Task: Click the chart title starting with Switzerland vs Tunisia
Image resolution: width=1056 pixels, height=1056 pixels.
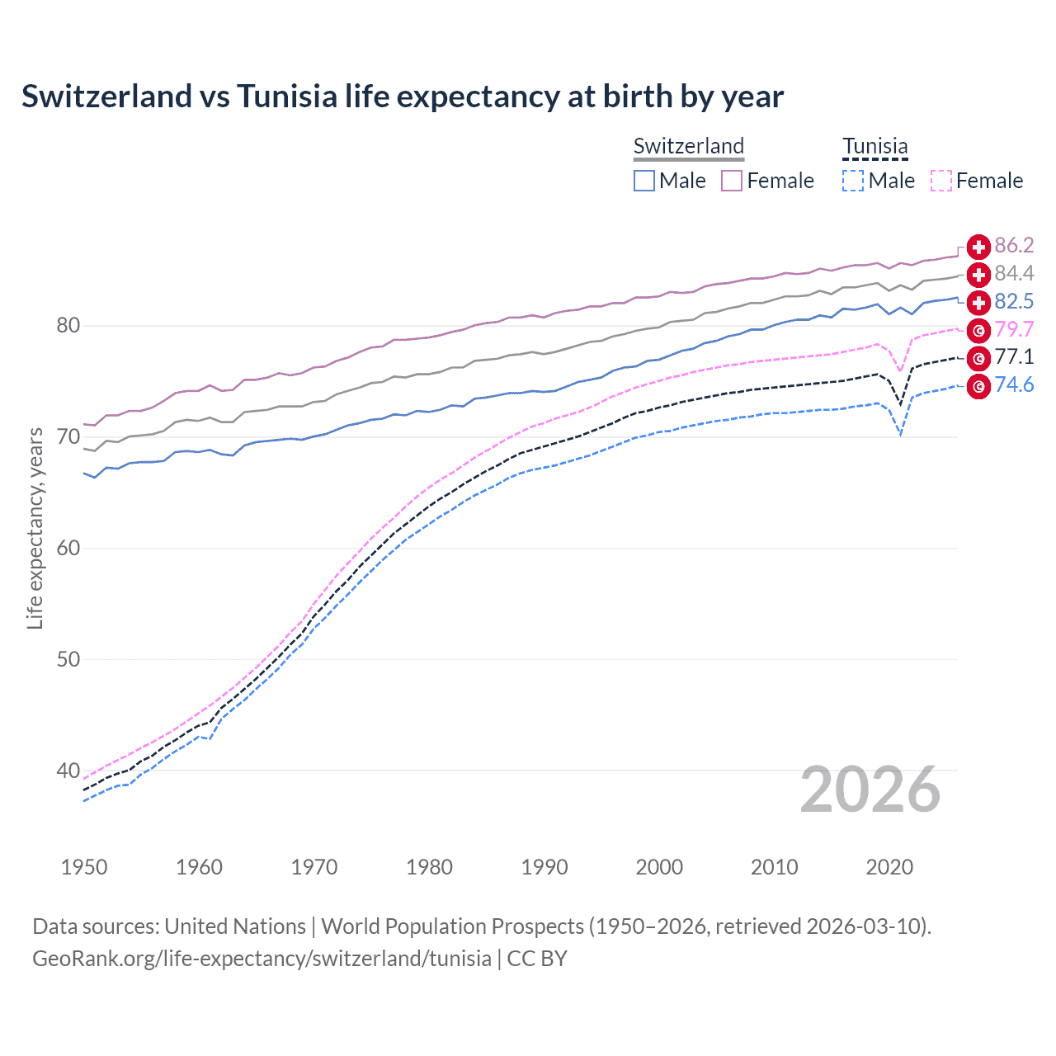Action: click(403, 97)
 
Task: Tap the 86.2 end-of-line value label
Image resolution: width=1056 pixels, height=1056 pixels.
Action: click(1014, 246)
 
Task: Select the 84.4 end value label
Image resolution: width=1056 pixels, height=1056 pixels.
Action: click(1014, 273)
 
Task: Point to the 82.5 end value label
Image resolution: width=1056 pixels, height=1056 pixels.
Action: click(1014, 301)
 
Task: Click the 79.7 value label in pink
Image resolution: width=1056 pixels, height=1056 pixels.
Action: click(1014, 329)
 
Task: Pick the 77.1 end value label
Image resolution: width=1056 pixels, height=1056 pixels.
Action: click(1014, 356)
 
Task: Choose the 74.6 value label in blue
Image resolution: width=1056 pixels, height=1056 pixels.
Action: click(1014, 384)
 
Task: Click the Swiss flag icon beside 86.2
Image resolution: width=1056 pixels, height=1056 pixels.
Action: click(978, 247)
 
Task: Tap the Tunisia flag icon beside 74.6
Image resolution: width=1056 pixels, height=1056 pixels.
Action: click(978, 386)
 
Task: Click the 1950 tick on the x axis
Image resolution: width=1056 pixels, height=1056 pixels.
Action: click(84, 867)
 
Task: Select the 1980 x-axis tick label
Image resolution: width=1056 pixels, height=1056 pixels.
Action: click(429, 867)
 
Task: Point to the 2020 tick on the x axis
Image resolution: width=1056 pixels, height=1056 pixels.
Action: click(889, 867)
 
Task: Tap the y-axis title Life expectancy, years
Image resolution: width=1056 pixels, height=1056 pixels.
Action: click(35, 528)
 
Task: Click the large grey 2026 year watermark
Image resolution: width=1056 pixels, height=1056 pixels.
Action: click(870, 790)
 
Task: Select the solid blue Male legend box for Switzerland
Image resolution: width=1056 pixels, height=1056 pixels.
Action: click(644, 181)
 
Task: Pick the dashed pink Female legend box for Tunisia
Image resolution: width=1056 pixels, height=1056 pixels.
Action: click(941, 181)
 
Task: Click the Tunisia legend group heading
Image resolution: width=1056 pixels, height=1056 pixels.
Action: click(874, 146)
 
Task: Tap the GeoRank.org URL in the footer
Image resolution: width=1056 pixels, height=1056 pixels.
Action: click(262, 959)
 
